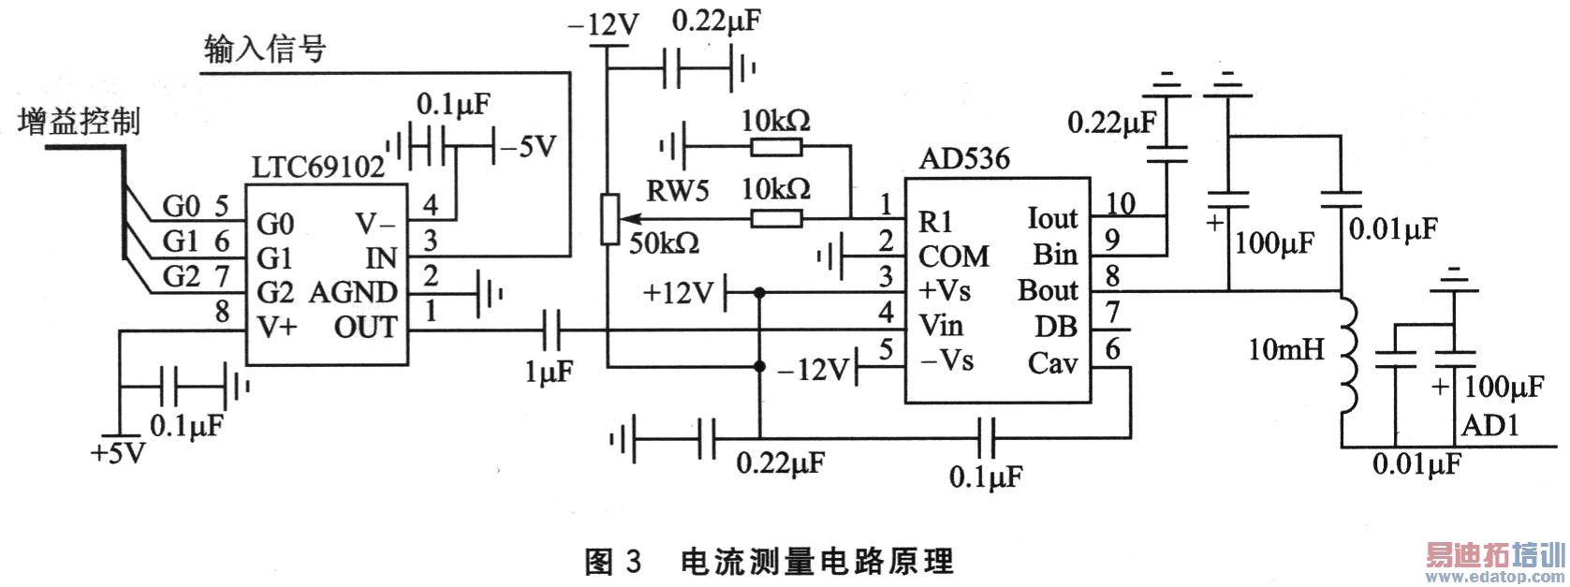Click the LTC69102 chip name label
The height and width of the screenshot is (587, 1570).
317,167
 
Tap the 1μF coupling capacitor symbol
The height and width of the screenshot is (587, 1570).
552,329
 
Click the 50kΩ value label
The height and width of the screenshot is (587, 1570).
664,242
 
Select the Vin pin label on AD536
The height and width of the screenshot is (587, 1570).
941,325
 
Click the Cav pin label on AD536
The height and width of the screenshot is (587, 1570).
1052,362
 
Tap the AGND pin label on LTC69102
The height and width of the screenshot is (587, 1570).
353,292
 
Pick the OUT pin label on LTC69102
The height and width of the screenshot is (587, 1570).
365,328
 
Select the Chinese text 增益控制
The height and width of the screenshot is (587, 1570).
80,122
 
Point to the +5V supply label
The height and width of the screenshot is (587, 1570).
119,454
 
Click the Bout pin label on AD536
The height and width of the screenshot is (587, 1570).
1048,290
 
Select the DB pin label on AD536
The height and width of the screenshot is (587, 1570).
1056,327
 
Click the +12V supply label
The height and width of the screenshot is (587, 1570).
678,293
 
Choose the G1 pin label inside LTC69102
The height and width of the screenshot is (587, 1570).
275,257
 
